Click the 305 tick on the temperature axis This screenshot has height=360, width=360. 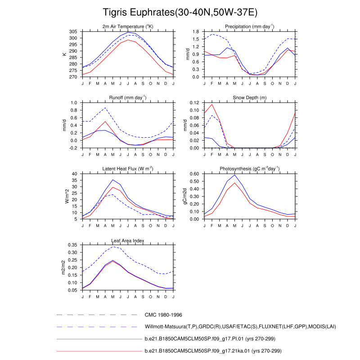point(73,31)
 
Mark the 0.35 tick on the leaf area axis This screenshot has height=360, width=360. point(72,245)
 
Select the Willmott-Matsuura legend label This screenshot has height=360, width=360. point(240,327)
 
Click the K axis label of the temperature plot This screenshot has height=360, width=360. point(65,54)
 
